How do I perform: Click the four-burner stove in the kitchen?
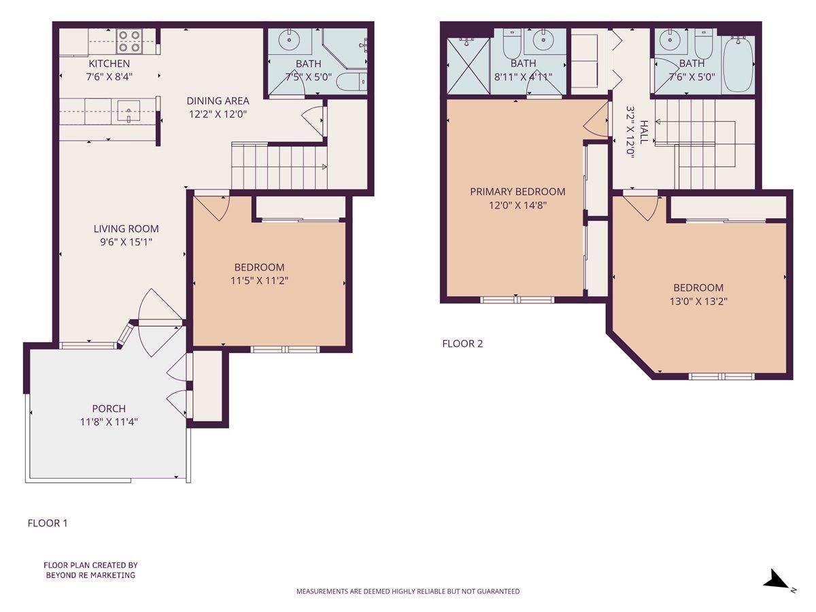coord(128,41)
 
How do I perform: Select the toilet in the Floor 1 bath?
coord(352,83)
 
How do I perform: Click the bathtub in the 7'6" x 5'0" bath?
coord(738,65)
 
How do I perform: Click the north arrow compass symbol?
coord(775,580)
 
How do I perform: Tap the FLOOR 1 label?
coord(48,523)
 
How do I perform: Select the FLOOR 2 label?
coord(462,343)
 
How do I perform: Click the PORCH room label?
coord(109,409)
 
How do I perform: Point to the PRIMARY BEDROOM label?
coord(517,192)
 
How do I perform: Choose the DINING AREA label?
coord(218,101)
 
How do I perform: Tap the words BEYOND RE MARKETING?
coord(90,575)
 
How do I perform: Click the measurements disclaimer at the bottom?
coord(408,591)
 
